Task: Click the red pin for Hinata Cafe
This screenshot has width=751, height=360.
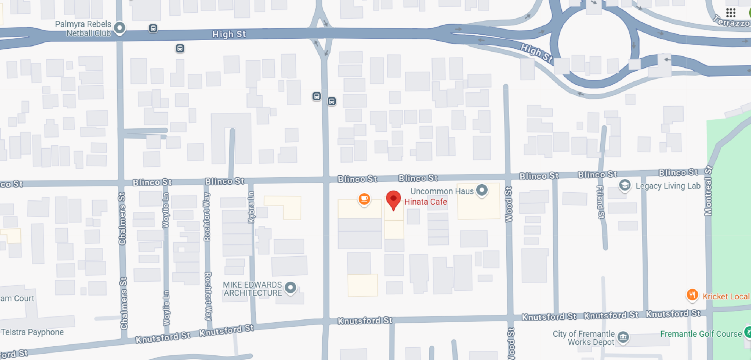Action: (393, 199)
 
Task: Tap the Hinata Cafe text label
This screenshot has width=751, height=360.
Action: (426, 202)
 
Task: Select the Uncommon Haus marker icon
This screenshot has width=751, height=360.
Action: (482, 191)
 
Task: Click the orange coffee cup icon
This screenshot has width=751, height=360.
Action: (364, 199)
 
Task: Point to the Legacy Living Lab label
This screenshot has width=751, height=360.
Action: (668, 186)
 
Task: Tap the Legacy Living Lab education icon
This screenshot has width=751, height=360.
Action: (625, 185)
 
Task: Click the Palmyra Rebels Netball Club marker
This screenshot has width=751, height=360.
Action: (120, 28)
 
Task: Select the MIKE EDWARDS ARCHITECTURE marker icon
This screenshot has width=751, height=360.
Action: (290, 288)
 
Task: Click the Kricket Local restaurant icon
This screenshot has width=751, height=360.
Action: (692, 295)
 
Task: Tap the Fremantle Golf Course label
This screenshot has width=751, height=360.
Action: (701, 334)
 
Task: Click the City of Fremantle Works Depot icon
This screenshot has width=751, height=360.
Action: (623, 337)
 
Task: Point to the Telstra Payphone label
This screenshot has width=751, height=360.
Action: (32, 332)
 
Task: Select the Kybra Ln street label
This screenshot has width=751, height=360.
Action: (251, 207)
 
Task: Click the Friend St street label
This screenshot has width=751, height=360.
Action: (600, 202)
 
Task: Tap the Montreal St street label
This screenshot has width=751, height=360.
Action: (708, 191)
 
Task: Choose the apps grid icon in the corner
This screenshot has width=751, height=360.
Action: (731, 13)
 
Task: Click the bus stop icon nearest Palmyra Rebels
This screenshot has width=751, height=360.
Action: (153, 29)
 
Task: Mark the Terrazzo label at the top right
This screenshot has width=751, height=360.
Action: (731, 21)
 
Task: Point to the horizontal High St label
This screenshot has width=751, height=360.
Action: (229, 34)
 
